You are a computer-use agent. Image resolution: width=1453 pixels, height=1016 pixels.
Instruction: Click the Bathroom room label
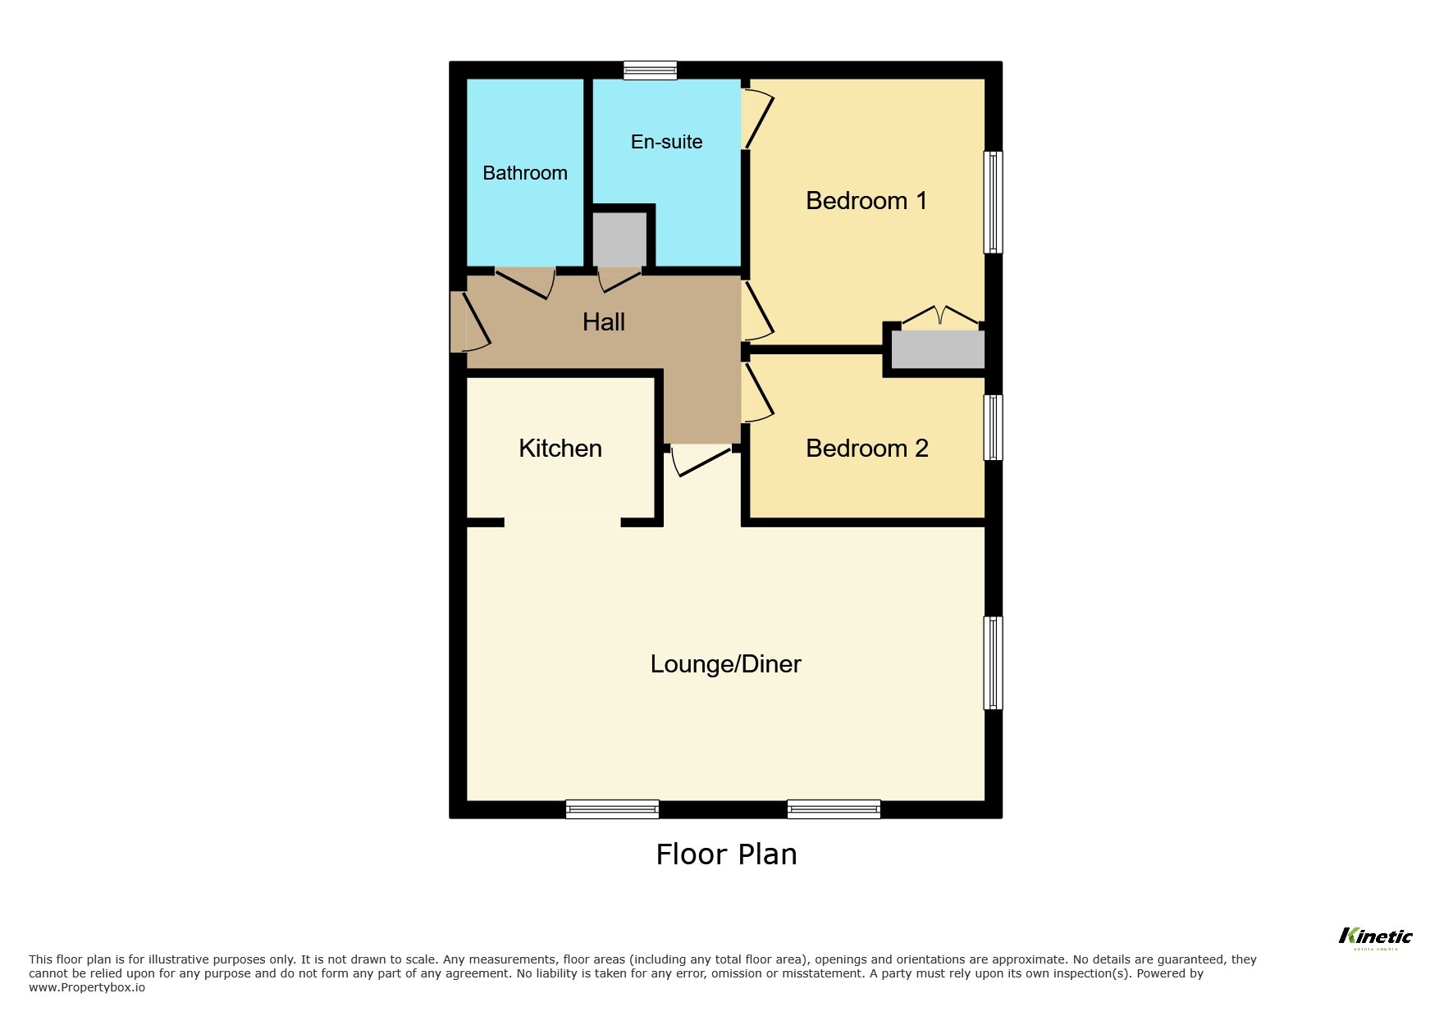tap(525, 173)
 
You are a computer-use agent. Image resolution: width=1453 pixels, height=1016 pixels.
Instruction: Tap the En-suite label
tap(666, 142)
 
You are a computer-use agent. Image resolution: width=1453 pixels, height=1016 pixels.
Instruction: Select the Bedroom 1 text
tap(866, 201)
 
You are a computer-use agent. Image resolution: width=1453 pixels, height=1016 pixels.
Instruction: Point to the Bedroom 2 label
tap(866, 449)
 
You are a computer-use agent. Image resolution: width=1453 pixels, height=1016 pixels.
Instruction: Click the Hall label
tap(604, 322)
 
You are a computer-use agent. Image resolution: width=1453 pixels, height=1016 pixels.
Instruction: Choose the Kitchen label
tap(560, 449)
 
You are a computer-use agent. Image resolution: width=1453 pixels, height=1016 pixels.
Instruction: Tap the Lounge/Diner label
tap(725, 664)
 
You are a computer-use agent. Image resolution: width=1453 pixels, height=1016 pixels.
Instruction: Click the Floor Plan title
tap(726, 854)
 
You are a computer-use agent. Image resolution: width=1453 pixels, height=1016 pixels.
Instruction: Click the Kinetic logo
tap(1375, 937)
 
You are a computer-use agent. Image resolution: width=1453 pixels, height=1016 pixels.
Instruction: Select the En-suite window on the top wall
tap(650, 71)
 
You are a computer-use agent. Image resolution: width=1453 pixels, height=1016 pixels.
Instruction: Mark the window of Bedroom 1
tap(993, 202)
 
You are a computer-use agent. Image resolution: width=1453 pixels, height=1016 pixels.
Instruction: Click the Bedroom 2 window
tap(993, 427)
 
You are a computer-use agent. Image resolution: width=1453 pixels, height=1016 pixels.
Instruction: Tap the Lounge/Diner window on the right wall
tap(993, 663)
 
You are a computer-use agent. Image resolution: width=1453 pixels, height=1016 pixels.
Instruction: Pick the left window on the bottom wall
tap(612, 809)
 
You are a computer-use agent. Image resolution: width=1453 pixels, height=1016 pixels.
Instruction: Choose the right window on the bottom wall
tap(834, 809)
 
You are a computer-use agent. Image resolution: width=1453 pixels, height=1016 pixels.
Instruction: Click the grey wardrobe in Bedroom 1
tap(938, 350)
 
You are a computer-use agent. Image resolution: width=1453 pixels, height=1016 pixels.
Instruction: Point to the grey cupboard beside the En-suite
tap(619, 239)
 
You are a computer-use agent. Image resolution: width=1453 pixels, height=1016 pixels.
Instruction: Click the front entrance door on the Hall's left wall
tap(459, 321)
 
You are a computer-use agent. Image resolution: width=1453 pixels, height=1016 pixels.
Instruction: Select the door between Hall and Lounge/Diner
tap(700, 459)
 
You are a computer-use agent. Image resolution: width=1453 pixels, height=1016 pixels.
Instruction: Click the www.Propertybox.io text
tap(87, 987)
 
